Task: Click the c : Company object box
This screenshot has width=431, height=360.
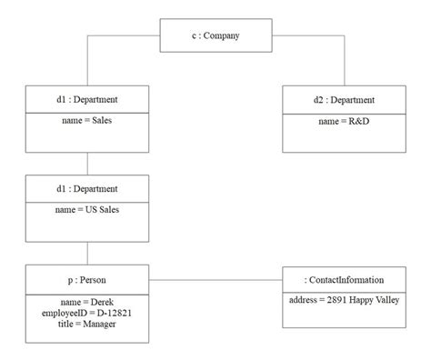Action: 215,36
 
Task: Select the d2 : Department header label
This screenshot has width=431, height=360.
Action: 344,99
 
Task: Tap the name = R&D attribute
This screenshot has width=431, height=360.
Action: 344,119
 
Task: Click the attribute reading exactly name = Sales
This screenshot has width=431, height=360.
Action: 87,119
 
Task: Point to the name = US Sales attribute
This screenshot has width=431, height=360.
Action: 87,209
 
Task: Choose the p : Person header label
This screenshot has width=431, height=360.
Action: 87,279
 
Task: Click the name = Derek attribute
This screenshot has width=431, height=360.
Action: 87,301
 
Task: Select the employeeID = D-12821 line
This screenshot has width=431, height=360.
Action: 87,312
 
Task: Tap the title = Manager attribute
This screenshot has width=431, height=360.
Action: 87,323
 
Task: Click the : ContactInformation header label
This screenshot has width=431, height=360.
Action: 344,280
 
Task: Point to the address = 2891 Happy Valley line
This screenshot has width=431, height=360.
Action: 344,300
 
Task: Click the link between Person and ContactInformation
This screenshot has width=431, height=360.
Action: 215,280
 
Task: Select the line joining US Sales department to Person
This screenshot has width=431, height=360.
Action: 87,254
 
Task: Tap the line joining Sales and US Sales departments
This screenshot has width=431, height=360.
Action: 87,164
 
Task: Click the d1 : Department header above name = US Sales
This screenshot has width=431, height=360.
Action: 87,189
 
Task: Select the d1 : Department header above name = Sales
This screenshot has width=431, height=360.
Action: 87,99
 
